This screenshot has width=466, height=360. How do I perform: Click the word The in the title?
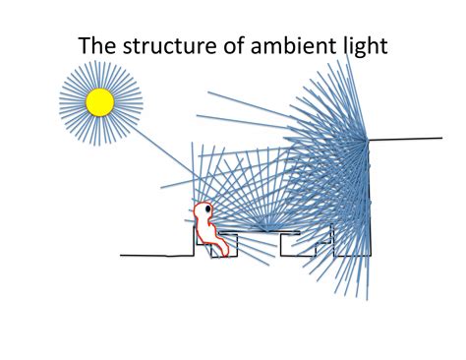point(99,45)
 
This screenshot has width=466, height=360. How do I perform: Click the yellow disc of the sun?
point(99,101)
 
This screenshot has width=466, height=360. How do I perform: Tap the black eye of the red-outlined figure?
point(206,209)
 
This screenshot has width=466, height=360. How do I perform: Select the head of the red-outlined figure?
point(204,210)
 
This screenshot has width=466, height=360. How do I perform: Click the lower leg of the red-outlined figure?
point(219,246)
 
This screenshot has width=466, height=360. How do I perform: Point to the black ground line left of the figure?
point(147,255)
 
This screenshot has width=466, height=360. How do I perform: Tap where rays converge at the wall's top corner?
point(367,140)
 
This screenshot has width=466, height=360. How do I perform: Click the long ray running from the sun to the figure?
point(157,152)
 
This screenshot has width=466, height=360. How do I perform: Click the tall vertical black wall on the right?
point(368,197)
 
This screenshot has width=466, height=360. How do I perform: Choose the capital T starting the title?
point(86,45)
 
